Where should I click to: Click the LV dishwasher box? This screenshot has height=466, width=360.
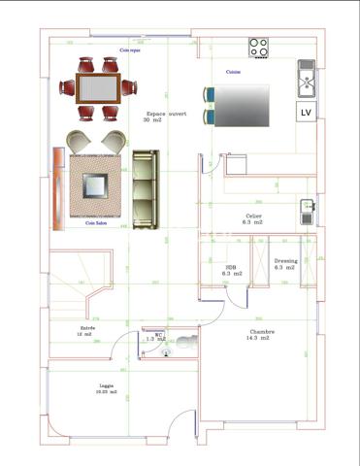[x=306, y=113]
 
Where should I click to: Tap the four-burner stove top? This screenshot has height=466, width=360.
[x=259, y=46]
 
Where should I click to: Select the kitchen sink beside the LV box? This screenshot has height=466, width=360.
[x=306, y=78]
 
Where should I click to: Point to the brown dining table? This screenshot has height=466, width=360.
[x=97, y=88]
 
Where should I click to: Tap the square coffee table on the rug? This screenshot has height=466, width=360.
[x=96, y=184]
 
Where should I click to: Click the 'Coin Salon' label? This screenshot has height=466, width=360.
[x=96, y=224]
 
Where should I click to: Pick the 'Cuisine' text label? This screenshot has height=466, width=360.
[x=234, y=71]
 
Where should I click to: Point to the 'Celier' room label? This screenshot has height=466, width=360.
[x=254, y=218]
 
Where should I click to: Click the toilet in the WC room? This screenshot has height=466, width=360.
[x=186, y=343]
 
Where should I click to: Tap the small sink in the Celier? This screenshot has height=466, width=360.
[x=307, y=207]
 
